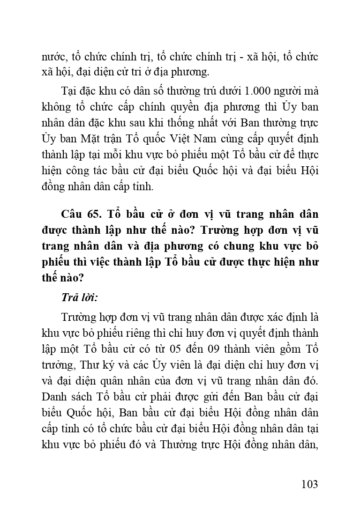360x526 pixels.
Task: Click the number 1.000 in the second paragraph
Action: (255, 90)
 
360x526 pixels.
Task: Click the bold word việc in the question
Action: (99, 262)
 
